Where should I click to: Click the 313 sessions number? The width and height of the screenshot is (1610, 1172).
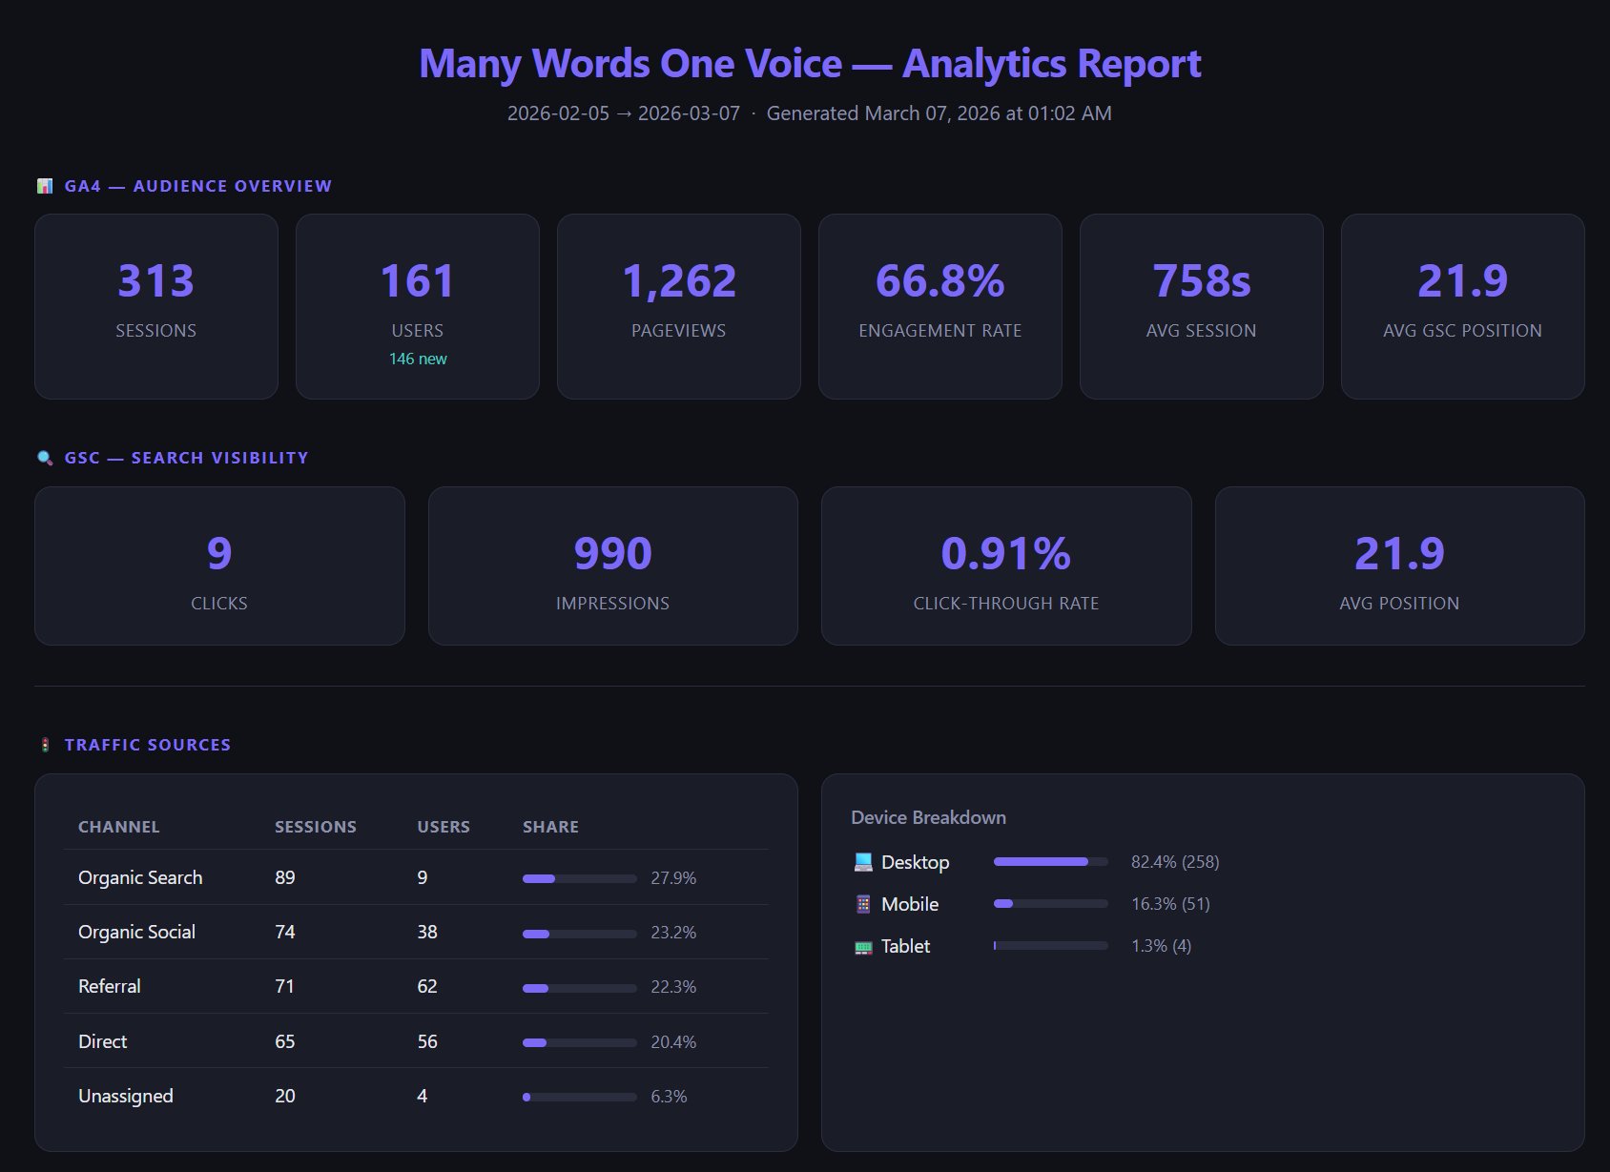155,280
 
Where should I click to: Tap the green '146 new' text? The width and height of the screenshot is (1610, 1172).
418,359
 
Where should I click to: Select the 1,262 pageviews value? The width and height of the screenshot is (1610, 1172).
678,280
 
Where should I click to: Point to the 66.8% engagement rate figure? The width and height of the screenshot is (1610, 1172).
939,280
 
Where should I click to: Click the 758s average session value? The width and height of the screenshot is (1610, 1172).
1201,280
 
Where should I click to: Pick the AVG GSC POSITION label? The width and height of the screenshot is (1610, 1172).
1462,331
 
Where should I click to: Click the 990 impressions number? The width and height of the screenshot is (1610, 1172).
612,553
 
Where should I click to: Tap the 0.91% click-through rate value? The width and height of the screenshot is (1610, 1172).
1005,553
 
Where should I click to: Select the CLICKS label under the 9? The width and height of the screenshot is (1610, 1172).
219,604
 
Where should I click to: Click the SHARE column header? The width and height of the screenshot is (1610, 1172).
550,827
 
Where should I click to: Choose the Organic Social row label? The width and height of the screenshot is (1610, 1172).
136,932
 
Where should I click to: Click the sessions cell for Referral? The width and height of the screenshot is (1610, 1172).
284,986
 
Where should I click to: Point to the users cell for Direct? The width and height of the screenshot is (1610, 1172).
426,1041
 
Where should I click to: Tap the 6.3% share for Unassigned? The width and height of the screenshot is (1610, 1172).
669,1097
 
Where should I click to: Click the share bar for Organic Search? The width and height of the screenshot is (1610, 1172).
579,878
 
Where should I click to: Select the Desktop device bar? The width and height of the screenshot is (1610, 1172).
1050,861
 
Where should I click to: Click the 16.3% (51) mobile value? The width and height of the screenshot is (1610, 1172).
1170,904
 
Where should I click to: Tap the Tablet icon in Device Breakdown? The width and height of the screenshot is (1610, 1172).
862,947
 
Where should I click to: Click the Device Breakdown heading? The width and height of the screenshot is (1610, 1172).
928,817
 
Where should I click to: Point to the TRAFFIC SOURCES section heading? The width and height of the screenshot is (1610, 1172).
147,745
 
